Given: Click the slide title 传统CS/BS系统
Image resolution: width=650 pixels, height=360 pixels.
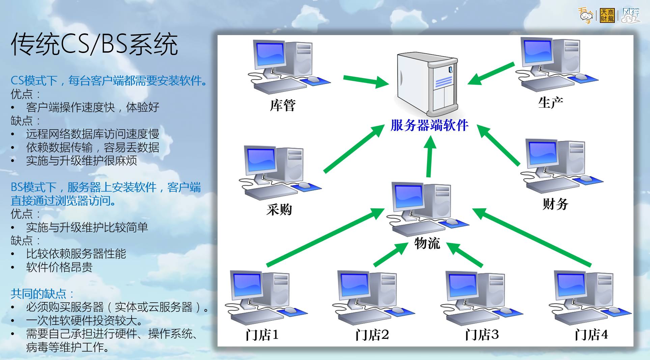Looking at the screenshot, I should click(x=94, y=44).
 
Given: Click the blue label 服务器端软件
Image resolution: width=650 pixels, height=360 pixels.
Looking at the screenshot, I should click(x=429, y=126).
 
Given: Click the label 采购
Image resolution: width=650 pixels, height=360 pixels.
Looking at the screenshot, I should click(x=279, y=210).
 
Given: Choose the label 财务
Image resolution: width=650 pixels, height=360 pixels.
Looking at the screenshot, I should click(x=555, y=204).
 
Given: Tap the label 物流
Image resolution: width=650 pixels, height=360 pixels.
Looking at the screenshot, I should click(x=427, y=243).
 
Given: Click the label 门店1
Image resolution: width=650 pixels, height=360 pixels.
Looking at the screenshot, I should click(x=262, y=335).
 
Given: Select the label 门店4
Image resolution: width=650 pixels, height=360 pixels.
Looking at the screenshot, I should click(x=591, y=335).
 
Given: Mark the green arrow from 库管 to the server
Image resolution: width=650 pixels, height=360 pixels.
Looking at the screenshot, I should click(x=366, y=81).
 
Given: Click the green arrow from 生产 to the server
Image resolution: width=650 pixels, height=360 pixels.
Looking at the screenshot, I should click(x=491, y=73).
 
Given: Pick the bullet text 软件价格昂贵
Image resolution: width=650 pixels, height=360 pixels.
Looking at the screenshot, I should click(x=59, y=267).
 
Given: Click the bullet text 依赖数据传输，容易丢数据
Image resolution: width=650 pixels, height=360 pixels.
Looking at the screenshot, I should click(x=92, y=147).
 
